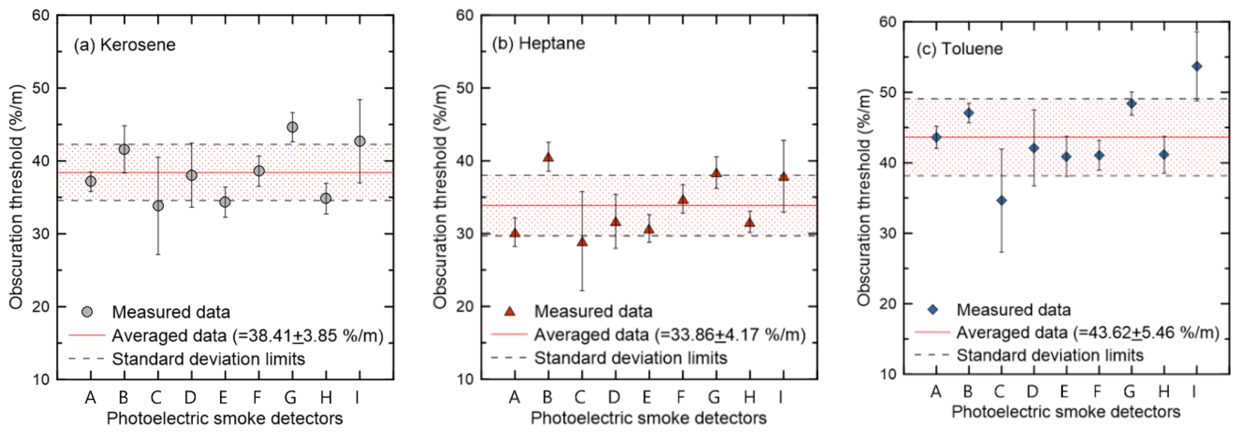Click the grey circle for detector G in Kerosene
[x=292, y=127]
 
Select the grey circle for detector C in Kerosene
[x=158, y=206]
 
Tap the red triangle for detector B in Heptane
[x=548, y=157]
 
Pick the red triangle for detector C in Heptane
[x=582, y=241]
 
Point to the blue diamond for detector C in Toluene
[x=1001, y=201]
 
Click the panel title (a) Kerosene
[x=124, y=45]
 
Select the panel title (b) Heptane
[x=538, y=43]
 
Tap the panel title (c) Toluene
[x=959, y=49]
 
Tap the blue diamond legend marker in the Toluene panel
[x=933, y=310]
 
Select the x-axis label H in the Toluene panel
[x=1164, y=391]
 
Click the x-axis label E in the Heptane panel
[x=647, y=397]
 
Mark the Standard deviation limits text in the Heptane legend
[x=631, y=358]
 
